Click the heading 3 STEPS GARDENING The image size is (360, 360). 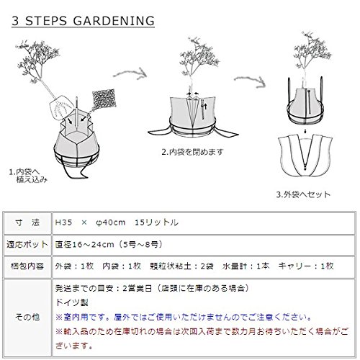pyautogui.click(x=83, y=21)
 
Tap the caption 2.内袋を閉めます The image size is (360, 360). pyautogui.click(x=192, y=152)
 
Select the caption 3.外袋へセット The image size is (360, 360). pyautogui.click(x=303, y=194)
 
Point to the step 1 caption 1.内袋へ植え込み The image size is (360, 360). pyautogui.click(x=28, y=176)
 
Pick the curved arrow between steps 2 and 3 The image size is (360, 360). pyautogui.click(x=251, y=81)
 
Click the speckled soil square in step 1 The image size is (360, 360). pyautogui.click(x=104, y=99)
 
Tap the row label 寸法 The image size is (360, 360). pyautogui.click(x=27, y=222)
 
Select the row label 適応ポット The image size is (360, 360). pyautogui.click(x=27, y=245)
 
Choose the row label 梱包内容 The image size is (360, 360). pyautogui.click(x=27, y=266)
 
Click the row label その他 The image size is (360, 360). pyautogui.click(x=27, y=318)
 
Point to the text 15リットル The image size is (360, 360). pyautogui.click(x=156, y=222)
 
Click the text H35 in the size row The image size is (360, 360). pyautogui.click(x=63, y=222)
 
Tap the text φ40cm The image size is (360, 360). pyautogui.click(x=110, y=222)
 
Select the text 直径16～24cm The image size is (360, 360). pyautogui.click(x=84, y=245)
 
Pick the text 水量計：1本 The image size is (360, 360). pyautogui.click(x=246, y=266)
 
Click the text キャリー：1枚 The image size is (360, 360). pyautogui.click(x=306, y=266)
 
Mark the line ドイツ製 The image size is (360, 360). pyautogui.click(x=72, y=302)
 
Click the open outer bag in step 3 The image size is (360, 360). pyautogui.click(x=305, y=156)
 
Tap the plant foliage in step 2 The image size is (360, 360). pyautogui.click(x=199, y=57)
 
